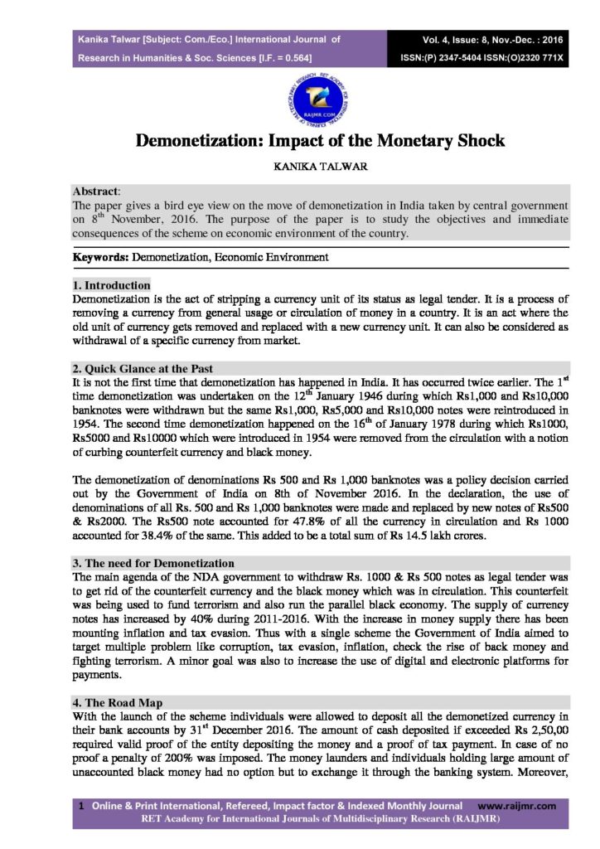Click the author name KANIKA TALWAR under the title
299,167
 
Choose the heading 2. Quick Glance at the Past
143,368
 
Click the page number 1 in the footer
80,805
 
